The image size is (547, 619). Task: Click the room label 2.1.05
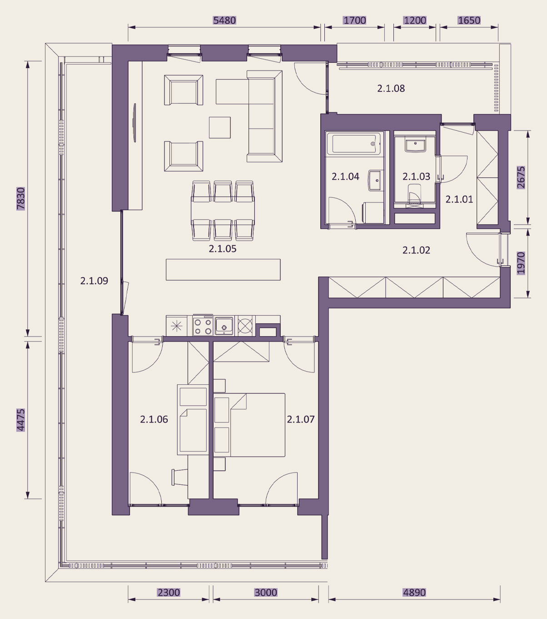[223, 249]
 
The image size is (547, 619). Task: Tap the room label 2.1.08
[391, 88]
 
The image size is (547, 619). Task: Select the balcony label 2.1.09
[94, 281]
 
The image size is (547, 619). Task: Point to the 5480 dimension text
[224, 20]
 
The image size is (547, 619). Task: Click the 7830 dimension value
[20, 199]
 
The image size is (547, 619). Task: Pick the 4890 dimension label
[414, 593]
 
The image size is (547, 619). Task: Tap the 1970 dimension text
[521, 263]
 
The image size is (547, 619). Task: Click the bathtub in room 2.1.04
[354, 144]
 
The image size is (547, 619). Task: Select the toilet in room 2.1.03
[414, 194]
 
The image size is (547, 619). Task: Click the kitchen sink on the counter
[224, 326]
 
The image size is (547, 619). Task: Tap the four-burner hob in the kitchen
[203, 326]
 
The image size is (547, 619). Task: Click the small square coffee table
[220, 127]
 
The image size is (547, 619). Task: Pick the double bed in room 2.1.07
[249, 425]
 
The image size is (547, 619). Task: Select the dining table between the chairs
[223, 211]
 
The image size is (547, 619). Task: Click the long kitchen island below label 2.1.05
[223, 269]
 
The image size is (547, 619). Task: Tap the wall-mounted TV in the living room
[134, 123]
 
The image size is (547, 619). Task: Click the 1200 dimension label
[415, 20]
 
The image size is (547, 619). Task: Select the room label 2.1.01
[459, 199]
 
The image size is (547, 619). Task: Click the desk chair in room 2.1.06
[179, 477]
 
